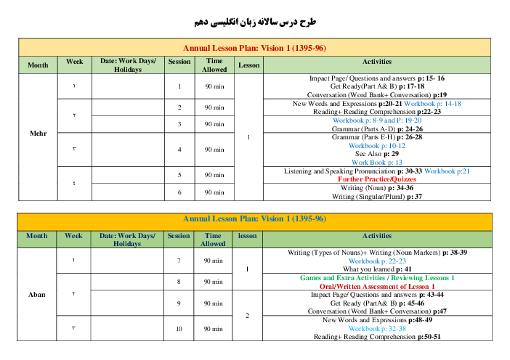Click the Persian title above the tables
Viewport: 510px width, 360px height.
point(255,22)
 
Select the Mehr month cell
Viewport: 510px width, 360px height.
point(38,134)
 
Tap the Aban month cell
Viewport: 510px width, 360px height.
point(37,295)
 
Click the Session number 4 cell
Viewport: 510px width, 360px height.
point(179,150)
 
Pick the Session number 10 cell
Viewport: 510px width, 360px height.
point(179,329)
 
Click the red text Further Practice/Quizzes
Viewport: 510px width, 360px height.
point(377,179)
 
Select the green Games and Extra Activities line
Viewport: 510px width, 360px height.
point(377,278)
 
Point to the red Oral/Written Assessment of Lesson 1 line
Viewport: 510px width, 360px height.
point(377,287)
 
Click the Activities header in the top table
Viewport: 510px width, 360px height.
point(377,62)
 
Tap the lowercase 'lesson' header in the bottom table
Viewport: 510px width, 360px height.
point(247,236)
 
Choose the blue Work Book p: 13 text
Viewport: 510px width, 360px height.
point(377,163)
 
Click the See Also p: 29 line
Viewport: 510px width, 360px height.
point(377,154)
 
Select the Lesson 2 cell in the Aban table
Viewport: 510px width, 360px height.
point(247,316)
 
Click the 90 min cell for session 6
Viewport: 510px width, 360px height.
point(214,192)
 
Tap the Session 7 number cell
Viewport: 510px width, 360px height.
point(179,261)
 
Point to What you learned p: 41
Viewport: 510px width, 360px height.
point(377,269)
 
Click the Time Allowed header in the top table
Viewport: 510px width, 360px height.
point(214,65)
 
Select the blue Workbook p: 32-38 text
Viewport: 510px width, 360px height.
point(377,329)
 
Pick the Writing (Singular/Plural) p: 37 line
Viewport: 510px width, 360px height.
point(377,197)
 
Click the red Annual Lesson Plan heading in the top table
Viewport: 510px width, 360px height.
point(254,48)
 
